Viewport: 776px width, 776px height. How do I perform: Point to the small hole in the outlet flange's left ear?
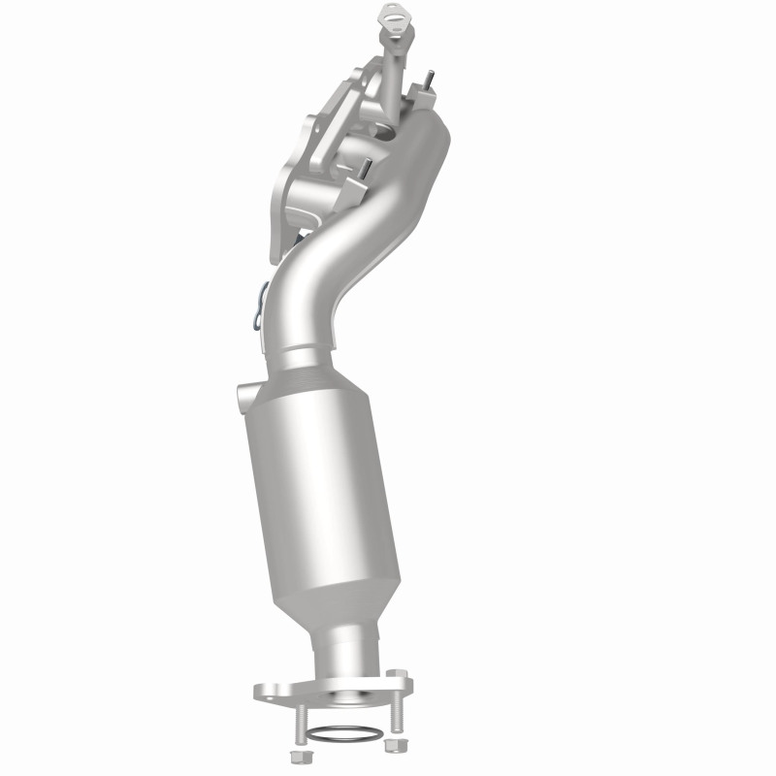pos(263,692)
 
